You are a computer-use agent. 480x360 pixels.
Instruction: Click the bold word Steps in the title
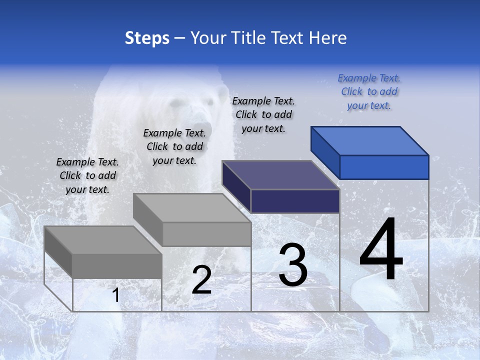[147, 38]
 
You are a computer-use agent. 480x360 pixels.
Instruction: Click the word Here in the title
[328, 38]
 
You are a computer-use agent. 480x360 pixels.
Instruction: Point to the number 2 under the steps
[201, 280]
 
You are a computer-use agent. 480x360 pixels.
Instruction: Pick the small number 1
[115, 295]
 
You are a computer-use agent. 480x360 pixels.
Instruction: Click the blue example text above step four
[369, 92]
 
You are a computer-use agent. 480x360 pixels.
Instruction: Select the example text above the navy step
[263, 114]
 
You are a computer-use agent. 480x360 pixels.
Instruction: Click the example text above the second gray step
[174, 146]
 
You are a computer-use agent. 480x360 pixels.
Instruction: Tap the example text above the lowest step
[87, 175]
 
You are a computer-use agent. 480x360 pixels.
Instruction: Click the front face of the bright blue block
[384, 167]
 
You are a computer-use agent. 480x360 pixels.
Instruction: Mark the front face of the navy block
[295, 201]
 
